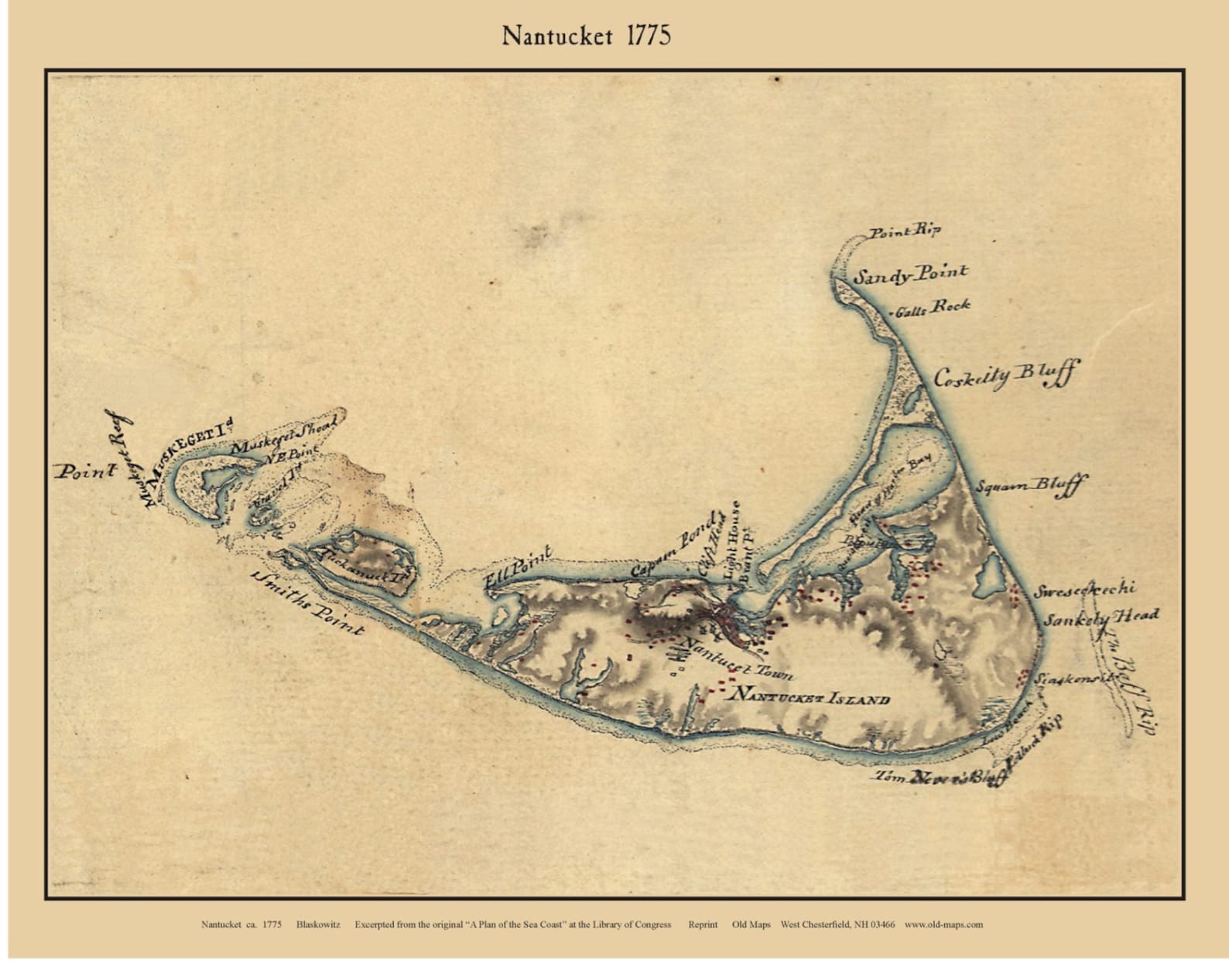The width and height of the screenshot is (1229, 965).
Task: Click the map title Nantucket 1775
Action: pos(586,36)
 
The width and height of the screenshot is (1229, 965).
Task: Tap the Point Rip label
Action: pos(904,231)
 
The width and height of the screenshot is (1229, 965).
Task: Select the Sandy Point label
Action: pos(910,274)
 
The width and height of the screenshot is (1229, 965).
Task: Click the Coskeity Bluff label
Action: pos(1004,376)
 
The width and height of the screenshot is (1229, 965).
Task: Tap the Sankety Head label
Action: pos(1101,618)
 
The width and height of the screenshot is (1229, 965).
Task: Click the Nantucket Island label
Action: pos(810,696)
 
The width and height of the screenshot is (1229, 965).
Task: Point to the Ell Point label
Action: pos(517,570)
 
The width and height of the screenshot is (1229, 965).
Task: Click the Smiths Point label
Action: pos(307,605)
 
